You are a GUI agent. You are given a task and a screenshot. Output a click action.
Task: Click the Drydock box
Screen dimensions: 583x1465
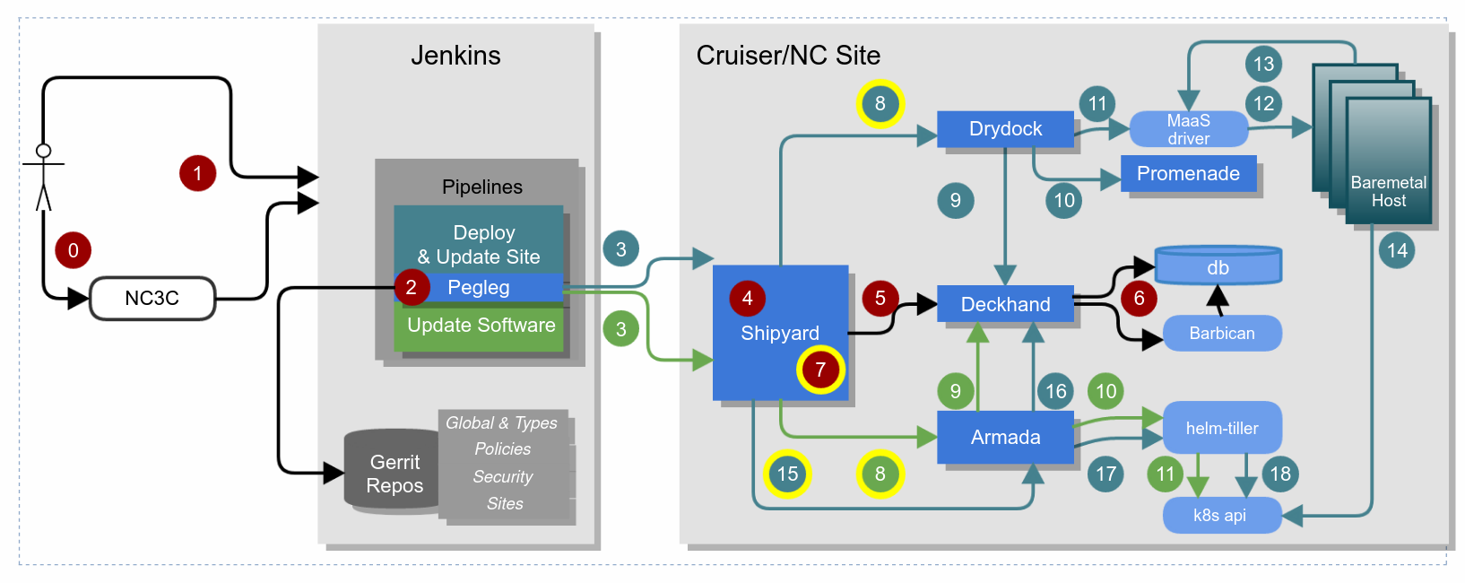tap(1005, 129)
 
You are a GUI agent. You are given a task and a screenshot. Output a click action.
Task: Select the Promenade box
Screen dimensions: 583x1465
tap(1188, 174)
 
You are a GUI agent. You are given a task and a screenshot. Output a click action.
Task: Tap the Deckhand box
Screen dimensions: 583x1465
tap(1005, 304)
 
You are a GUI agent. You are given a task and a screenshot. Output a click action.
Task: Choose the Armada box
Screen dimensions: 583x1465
tap(1005, 438)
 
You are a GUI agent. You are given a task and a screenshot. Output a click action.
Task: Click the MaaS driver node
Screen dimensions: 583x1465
tap(1188, 129)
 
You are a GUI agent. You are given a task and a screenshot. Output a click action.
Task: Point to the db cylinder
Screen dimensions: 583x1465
tap(1218, 266)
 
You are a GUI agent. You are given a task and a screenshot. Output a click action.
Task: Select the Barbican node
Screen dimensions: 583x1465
tap(1221, 334)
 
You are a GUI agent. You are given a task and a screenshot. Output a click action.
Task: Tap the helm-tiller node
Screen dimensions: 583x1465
tap(1221, 428)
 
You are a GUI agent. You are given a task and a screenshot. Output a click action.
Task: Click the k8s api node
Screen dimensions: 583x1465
tap(1221, 516)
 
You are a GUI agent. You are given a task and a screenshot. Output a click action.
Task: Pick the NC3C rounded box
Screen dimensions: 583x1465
tap(152, 299)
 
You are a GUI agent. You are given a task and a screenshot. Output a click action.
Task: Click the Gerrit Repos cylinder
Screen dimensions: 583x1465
tap(393, 473)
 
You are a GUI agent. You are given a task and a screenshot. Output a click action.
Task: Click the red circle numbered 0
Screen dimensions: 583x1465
tap(74, 250)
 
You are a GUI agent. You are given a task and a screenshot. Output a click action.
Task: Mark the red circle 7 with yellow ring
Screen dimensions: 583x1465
tap(820, 370)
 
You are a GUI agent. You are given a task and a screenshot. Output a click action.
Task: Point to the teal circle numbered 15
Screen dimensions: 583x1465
tap(787, 474)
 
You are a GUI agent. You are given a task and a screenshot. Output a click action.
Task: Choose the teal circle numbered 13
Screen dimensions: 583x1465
tap(1263, 65)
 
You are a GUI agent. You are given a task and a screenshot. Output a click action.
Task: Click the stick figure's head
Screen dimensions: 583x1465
tap(43, 151)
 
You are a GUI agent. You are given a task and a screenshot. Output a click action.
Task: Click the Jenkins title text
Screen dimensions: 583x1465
tap(455, 56)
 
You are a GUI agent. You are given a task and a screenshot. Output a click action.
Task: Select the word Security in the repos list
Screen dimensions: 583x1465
tap(503, 477)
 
